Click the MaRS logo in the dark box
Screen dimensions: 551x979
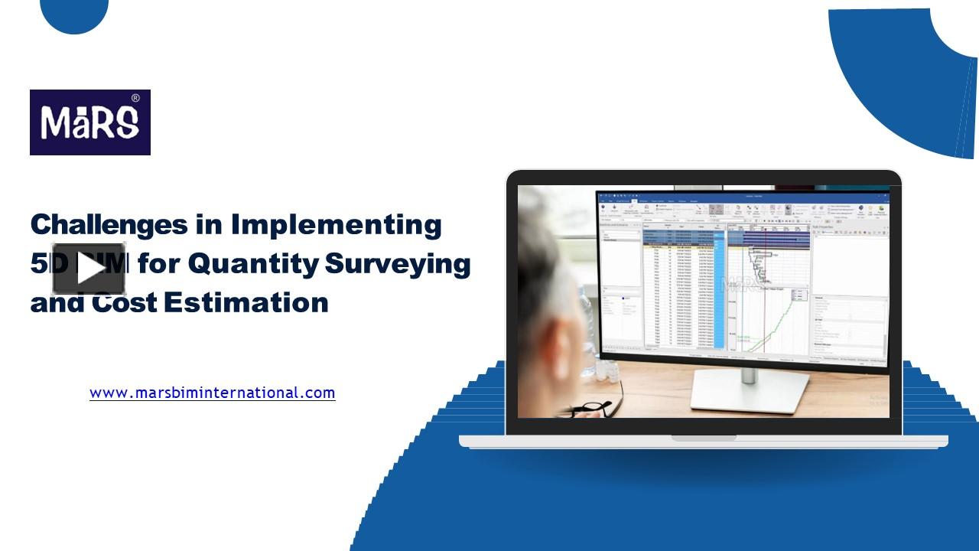point(89,122)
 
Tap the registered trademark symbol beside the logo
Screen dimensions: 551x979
point(135,98)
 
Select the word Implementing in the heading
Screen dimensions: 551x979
point(336,224)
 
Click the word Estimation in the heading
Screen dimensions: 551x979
point(246,302)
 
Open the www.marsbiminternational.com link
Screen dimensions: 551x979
point(212,393)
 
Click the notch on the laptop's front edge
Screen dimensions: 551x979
point(704,439)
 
